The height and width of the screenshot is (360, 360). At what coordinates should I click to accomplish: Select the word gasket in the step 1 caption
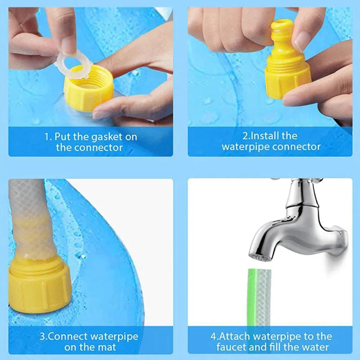[x=107, y=137]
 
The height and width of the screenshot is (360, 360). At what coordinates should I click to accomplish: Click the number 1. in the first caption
[x=48, y=137]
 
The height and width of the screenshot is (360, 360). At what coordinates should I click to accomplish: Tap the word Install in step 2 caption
[x=265, y=136]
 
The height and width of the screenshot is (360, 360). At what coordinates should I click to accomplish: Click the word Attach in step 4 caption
[x=237, y=336]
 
